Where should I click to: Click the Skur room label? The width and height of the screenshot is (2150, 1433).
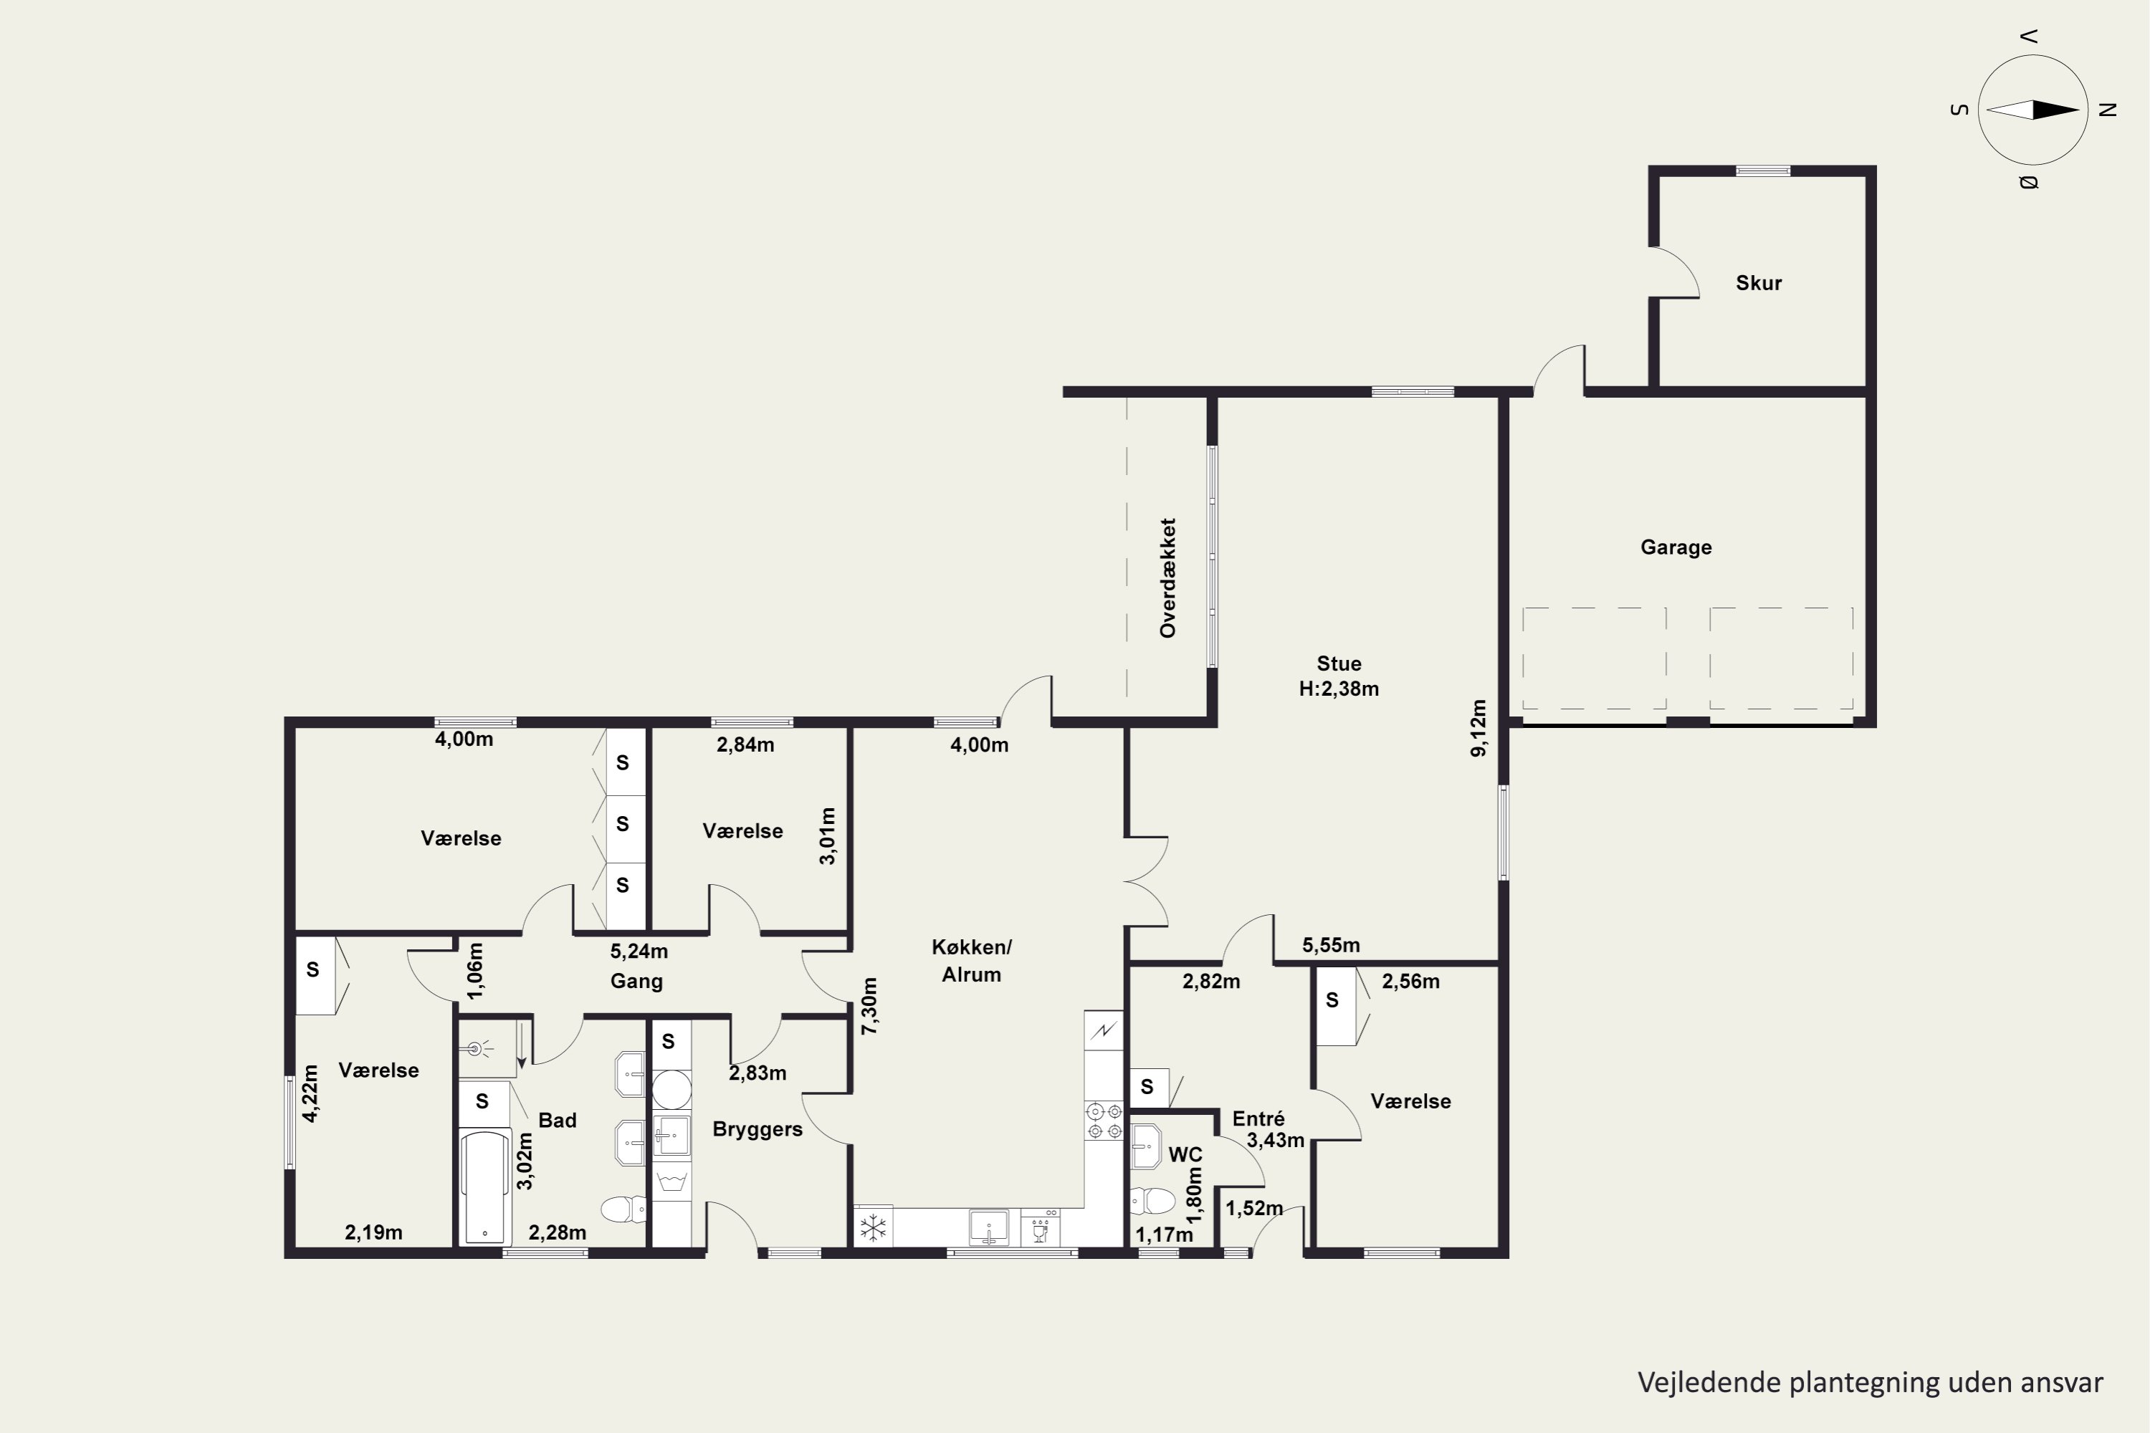1759,283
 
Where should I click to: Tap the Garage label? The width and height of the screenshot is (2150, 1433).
1676,547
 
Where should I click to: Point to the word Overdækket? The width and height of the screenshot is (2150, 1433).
1167,577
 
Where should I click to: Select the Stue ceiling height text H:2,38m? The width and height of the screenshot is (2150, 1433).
1338,689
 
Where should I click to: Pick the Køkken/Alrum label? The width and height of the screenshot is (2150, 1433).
972,961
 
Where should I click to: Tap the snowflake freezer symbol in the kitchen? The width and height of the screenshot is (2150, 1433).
873,1227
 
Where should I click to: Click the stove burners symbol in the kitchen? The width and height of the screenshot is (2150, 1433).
1104,1121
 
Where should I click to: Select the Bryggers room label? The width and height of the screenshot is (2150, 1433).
757,1130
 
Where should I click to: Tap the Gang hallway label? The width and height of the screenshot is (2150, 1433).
636,982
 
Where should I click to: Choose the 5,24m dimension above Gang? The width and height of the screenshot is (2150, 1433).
639,952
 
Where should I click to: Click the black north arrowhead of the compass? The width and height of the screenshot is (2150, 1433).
2055,110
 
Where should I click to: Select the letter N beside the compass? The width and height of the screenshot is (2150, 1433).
2108,110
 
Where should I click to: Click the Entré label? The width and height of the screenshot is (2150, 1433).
1258,1118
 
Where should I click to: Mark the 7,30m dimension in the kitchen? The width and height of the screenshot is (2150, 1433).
869,1006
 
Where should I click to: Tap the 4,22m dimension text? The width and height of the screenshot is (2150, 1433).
311,1093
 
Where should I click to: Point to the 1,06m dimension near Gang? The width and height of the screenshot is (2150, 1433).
475,971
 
